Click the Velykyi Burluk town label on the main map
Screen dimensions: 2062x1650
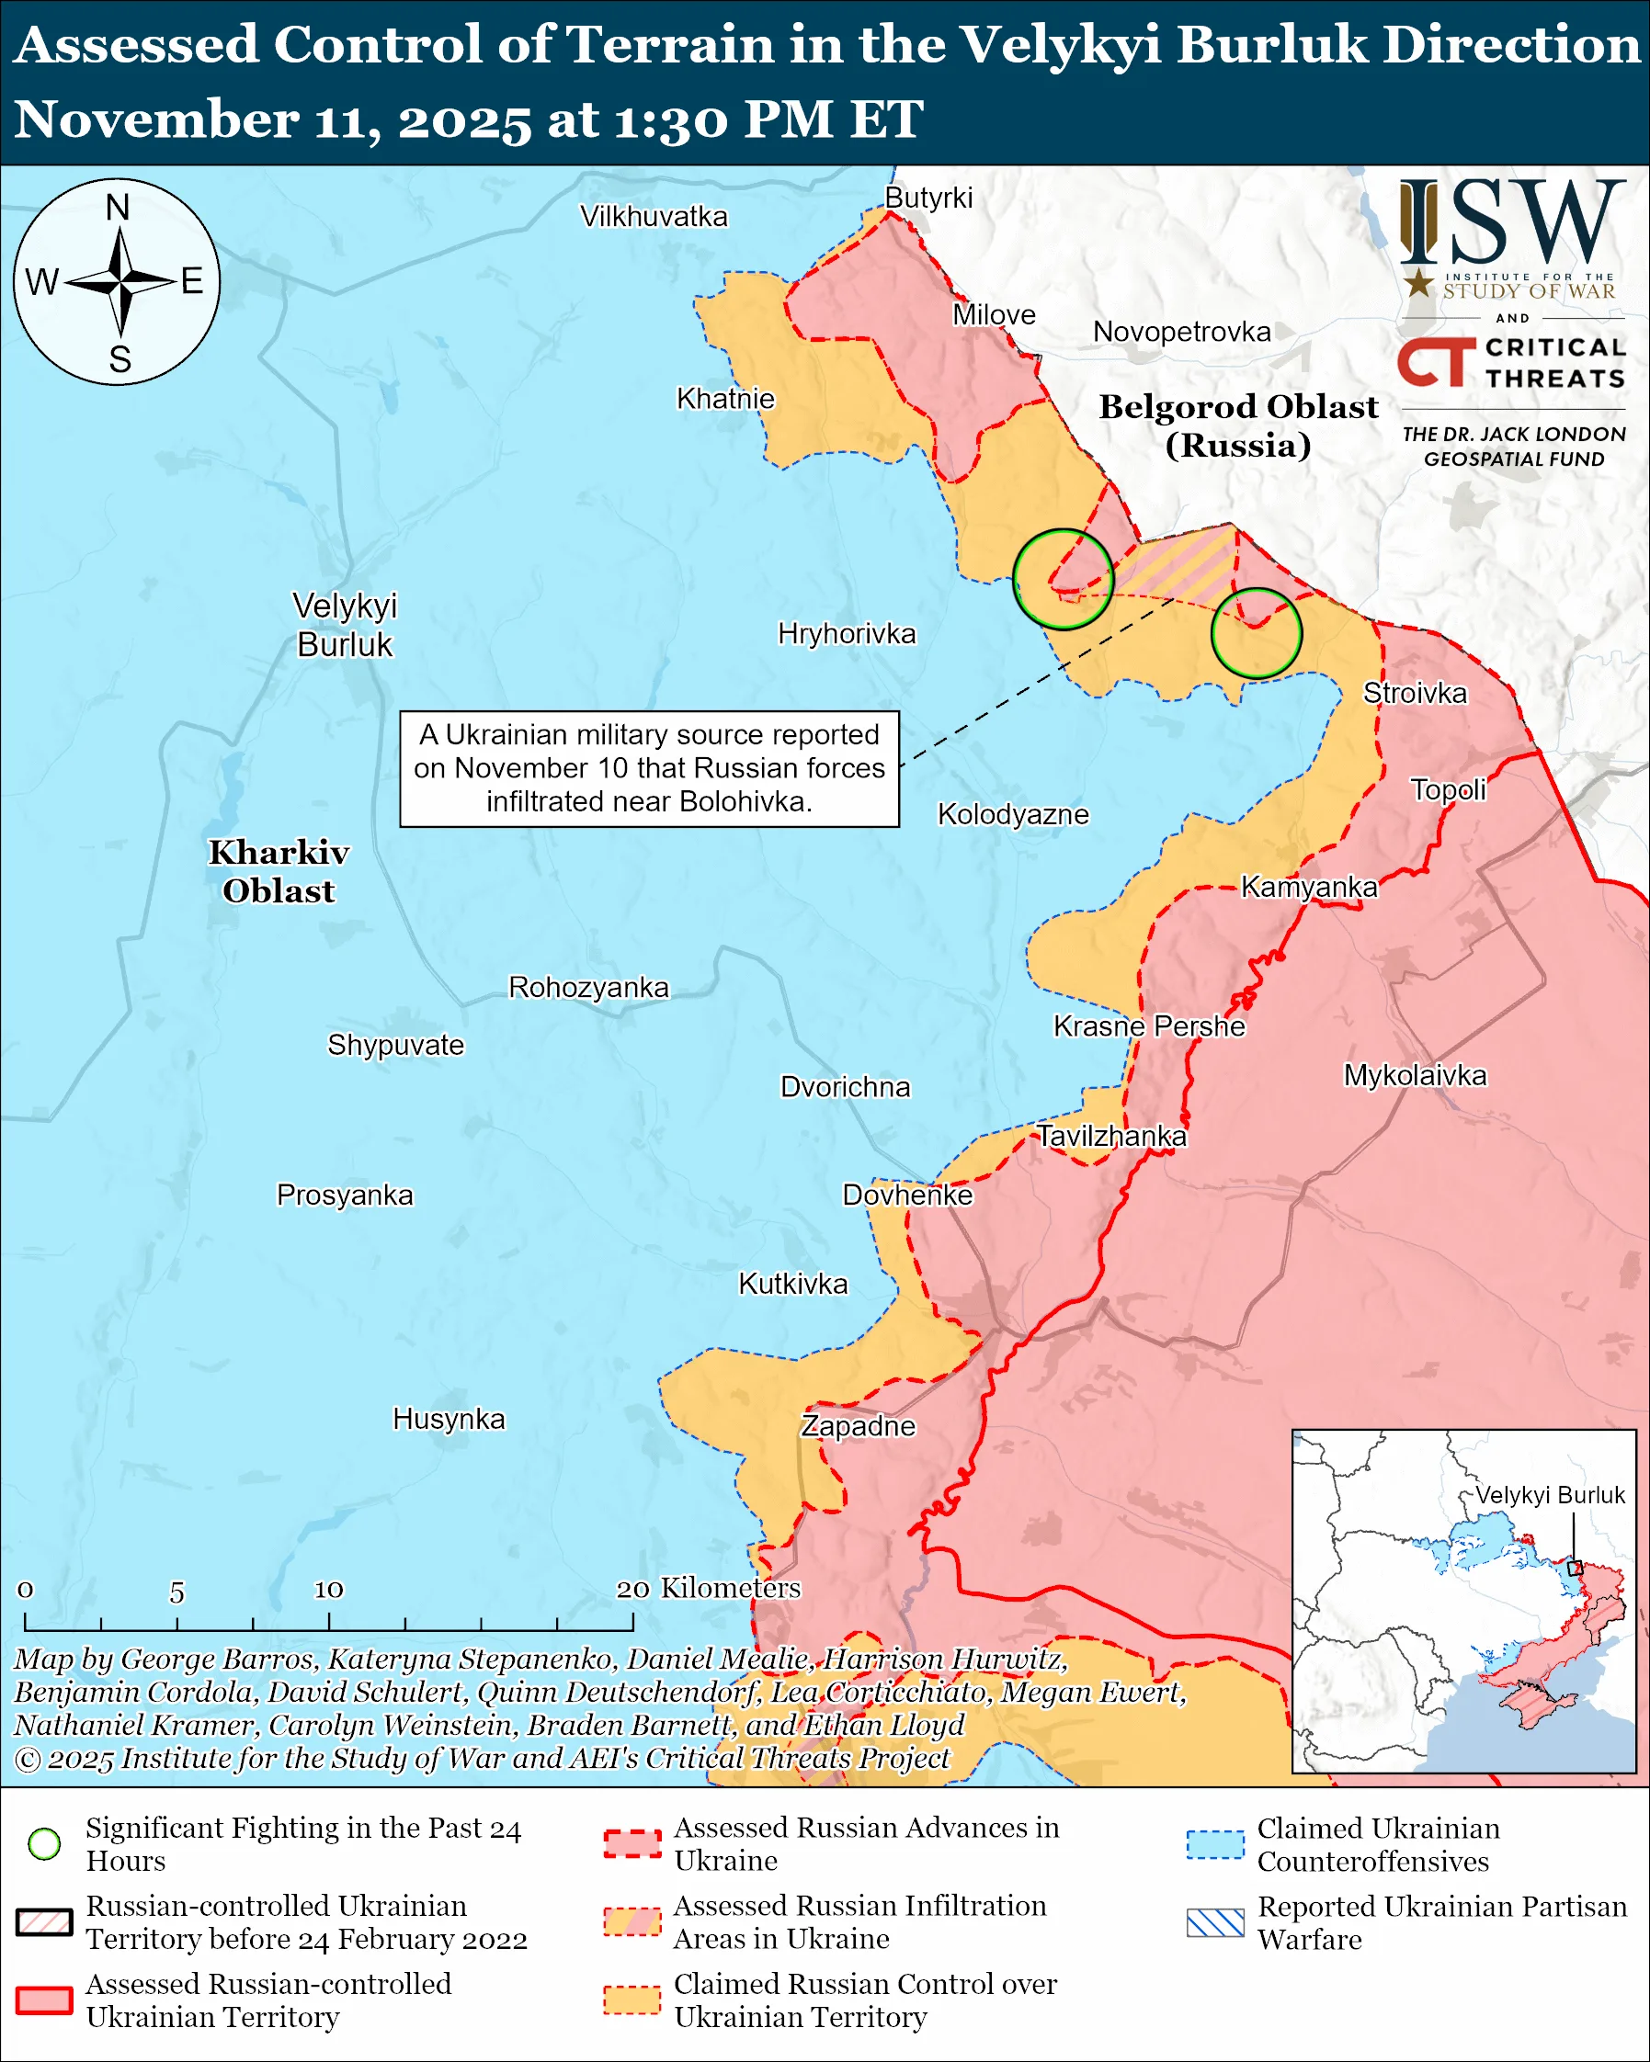coord(345,625)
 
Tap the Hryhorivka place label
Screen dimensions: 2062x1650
coord(847,633)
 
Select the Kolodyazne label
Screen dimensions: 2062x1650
coord(1013,814)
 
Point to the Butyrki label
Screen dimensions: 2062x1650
coord(927,198)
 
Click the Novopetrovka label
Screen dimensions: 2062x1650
coord(1181,332)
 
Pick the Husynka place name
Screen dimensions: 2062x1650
coord(449,1419)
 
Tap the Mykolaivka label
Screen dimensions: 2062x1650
coord(1415,1075)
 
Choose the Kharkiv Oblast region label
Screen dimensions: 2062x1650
coord(279,871)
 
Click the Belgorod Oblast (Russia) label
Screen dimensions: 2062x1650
coord(1238,425)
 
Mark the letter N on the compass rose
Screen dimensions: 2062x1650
coord(118,208)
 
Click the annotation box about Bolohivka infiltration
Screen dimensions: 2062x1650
coord(650,768)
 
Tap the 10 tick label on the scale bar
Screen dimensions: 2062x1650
coord(329,1590)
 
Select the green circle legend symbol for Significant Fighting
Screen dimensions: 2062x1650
coord(44,1844)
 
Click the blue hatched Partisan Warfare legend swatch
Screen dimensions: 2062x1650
coord(1215,1922)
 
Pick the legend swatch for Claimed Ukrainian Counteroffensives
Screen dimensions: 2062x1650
coord(1215,1844)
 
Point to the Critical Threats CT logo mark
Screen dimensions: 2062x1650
coord(1436,361)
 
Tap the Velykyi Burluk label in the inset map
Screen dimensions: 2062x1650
coord(1549,1495)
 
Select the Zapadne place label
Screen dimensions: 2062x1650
coord(858,1426)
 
